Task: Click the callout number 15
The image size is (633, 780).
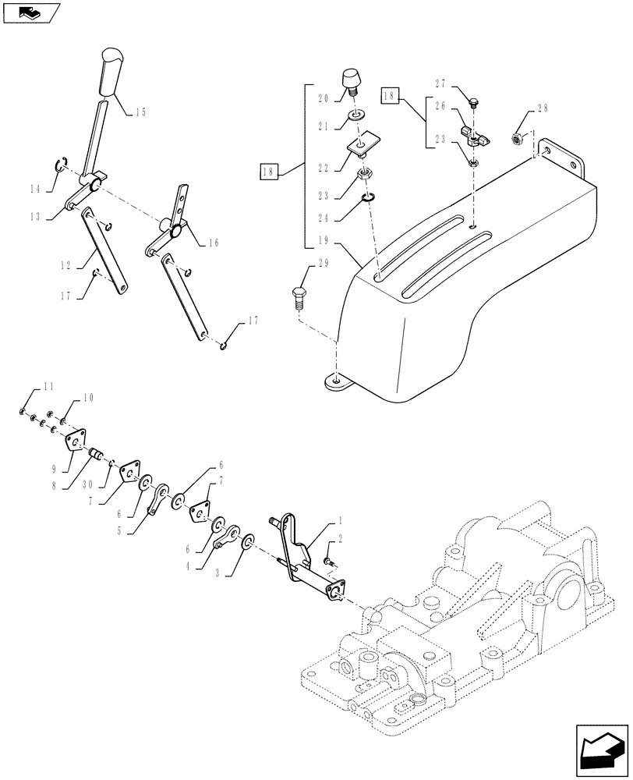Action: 140,112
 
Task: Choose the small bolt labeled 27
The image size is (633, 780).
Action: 475,101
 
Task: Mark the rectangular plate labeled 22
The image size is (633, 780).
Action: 362,144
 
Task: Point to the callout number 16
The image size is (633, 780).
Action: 211,243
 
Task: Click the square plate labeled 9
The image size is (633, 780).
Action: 76,439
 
